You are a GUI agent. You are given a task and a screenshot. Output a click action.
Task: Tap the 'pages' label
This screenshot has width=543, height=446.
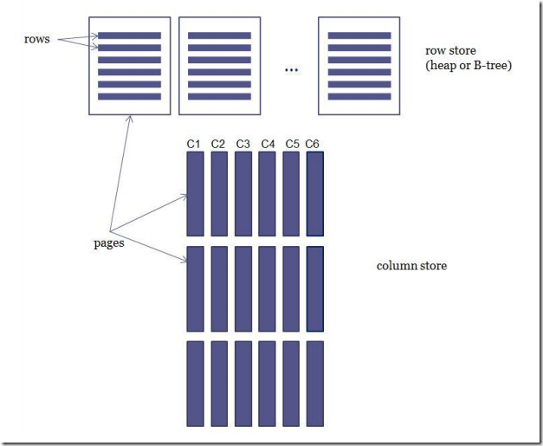(x=109, y=243)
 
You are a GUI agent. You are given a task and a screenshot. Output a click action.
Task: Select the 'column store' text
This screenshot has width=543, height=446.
(x=411, y=266)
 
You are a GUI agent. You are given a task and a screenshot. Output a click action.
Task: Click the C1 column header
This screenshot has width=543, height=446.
(x=194, y=144)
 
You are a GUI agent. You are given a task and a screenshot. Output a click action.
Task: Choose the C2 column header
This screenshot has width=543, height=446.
(x=218, y=144)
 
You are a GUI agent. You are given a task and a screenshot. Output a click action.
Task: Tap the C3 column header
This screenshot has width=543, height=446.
(x=242, y=144)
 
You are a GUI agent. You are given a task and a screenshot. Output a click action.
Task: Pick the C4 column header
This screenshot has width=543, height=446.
(x=267, y=144)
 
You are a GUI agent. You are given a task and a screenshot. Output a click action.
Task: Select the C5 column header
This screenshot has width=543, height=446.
(x=291, y=144)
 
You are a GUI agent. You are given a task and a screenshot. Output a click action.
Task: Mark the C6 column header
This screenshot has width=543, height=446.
(x=315, y=144)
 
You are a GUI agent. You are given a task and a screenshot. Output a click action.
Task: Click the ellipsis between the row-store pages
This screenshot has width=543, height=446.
(x=291, y=69)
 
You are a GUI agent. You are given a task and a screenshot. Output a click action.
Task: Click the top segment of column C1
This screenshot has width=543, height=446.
(x=194, y=194)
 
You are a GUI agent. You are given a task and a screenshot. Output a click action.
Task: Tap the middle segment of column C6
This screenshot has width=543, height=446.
(x=315, y=288)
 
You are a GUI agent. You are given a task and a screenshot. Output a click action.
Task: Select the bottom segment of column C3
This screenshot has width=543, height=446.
(x=242, y=383)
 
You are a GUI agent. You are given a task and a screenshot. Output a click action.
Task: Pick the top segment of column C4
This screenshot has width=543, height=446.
(x=267, y=194)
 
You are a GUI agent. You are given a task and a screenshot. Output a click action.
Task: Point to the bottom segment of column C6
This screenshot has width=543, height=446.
(x=315, y=383)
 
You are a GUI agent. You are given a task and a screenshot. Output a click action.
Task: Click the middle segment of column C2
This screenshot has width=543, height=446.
(x=218, y=288)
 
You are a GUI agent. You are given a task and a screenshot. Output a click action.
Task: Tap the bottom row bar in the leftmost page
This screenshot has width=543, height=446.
(x=129, y=96)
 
